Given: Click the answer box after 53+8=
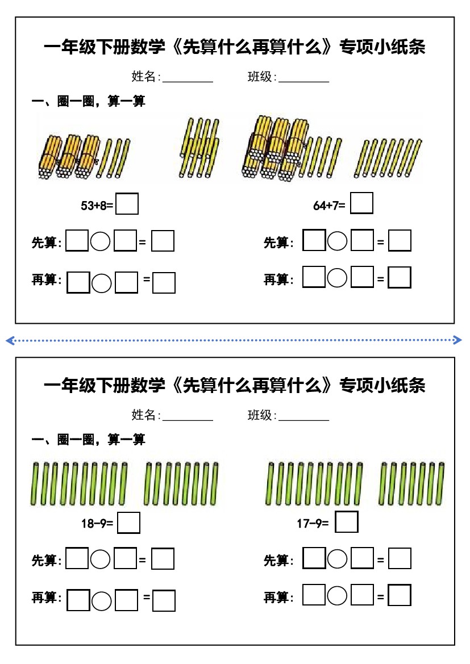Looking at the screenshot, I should click(x=127, y=204).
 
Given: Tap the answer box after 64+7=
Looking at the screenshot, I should click(x=361, y=203).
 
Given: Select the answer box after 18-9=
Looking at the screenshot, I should click(x=128, y=523).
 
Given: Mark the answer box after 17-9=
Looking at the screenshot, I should click(x=347, y=522).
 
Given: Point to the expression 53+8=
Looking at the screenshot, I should click(x=97, y=206).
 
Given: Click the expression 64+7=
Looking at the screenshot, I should click(x=329, y=206).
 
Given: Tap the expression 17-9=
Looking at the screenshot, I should click(x=313, y=524).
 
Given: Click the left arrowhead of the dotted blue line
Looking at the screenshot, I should click(x=9, y=340).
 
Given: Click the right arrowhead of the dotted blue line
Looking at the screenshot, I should click(x=459, y=340).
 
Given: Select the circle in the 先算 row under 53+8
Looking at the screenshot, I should click(x=101, y=241).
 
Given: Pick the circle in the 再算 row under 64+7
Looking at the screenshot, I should click(x=338, y=278).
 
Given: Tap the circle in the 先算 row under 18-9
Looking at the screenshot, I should click(x=101, y=559).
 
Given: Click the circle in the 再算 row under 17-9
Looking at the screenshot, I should click(x=338, y=595).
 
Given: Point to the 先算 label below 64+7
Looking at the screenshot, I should click(x=278, y=243).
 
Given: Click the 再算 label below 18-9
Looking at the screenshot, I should click(x=45, y=598).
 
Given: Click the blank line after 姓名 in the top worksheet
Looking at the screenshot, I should click(x=188, y=80).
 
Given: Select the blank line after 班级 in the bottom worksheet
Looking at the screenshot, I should click(x=304, y=419).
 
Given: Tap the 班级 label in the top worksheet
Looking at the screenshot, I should click(x=261, y=77).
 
